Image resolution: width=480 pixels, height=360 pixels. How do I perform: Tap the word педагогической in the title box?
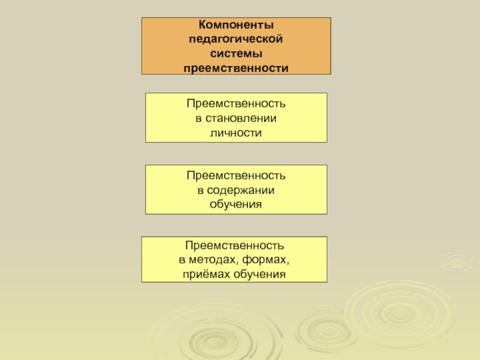(x=236, y=40)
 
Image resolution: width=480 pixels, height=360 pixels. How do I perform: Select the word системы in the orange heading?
(x=236, y=54)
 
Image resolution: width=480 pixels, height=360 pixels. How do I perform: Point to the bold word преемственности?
(x=236, y=68)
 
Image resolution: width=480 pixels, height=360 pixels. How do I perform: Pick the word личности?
(x=236, y=132)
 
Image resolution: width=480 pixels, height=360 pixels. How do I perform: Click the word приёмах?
(x=206, y=274)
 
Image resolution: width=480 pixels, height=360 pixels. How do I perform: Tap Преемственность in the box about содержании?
(x=236, y=175)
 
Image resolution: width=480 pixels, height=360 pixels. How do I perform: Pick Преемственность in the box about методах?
(x=235, y=246)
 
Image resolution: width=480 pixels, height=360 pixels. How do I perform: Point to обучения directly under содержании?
(x=236, y=205)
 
